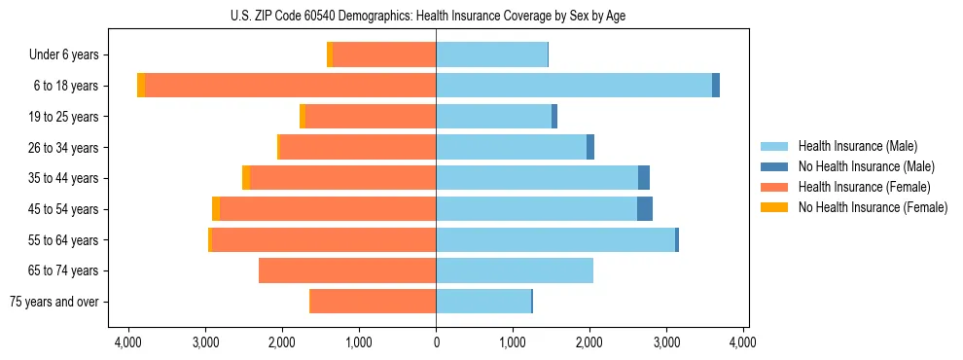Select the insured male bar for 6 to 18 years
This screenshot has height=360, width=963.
(574, 86)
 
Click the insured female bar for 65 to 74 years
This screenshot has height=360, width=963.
(347, 270)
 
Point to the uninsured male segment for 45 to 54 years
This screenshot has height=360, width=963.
(645, 209)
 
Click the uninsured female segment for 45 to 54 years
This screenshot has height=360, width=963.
(216, 209)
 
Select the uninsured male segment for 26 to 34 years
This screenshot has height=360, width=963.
(590, 147)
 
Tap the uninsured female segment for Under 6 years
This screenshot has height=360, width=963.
(330, 54)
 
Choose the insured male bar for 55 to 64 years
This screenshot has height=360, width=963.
(555, 239)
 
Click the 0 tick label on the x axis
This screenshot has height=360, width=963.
(436, 342)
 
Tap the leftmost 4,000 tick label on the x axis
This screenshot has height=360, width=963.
(128, 342)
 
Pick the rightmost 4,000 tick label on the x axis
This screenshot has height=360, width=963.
(743, 342)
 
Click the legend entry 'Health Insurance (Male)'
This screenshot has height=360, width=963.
(857, 146)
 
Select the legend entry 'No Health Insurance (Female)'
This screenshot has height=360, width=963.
(873, 207)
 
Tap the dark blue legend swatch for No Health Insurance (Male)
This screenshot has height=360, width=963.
(774, 166)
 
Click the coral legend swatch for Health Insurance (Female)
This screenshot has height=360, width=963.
(774, 187)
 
